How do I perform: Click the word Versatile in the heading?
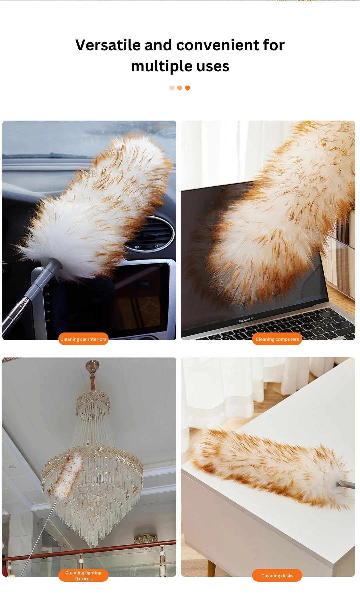coord(108,45)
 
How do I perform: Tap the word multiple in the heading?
coord(161,66)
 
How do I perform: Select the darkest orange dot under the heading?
coord(188,88)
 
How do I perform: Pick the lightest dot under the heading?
coord(172,88)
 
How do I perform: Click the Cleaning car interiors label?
coord(83,339)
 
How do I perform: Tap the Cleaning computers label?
coord(277,339)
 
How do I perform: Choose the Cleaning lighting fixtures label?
coord(83,575)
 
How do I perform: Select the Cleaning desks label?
coord(277,575)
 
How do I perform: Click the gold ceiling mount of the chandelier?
coord(92,364)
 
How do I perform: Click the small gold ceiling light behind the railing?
coord(146,538)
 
